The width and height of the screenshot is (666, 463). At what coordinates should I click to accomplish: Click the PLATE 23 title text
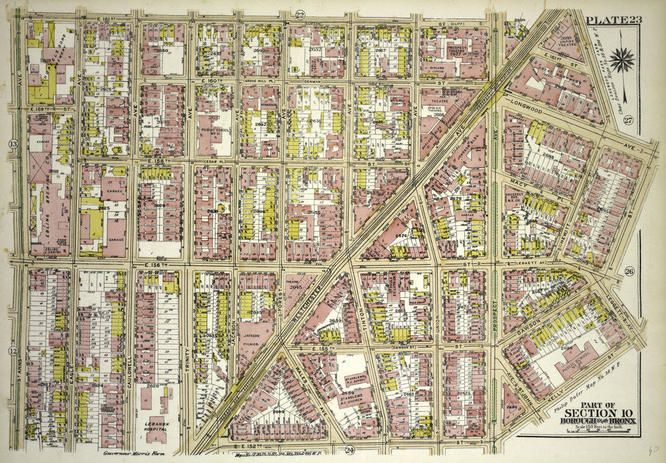[613, 19]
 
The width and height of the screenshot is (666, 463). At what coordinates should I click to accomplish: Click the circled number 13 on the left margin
[12, 143]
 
